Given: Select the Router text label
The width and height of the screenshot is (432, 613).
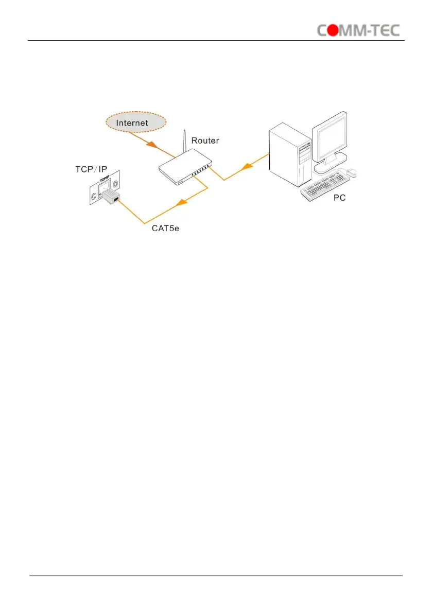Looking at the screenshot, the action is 206,140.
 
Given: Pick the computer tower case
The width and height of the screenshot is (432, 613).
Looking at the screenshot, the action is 289,157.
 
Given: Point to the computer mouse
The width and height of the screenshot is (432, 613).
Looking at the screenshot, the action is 352,172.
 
